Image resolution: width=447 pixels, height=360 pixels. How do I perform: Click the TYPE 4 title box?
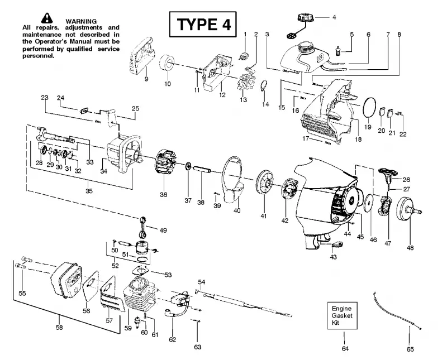pos(203,24)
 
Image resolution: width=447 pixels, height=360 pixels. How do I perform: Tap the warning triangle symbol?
pos(47,18)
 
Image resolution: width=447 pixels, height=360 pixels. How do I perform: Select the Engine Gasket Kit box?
pos(342,315)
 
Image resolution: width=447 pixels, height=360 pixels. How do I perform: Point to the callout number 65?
pos(410,349)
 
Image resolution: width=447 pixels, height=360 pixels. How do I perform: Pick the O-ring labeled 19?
pos(370,107)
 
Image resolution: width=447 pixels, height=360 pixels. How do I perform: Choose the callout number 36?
pos(163,195)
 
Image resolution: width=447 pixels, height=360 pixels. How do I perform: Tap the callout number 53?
pos(168,275)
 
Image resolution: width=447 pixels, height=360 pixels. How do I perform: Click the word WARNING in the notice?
pos(81,21)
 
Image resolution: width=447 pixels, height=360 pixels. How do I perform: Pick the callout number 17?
pos(306,139)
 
